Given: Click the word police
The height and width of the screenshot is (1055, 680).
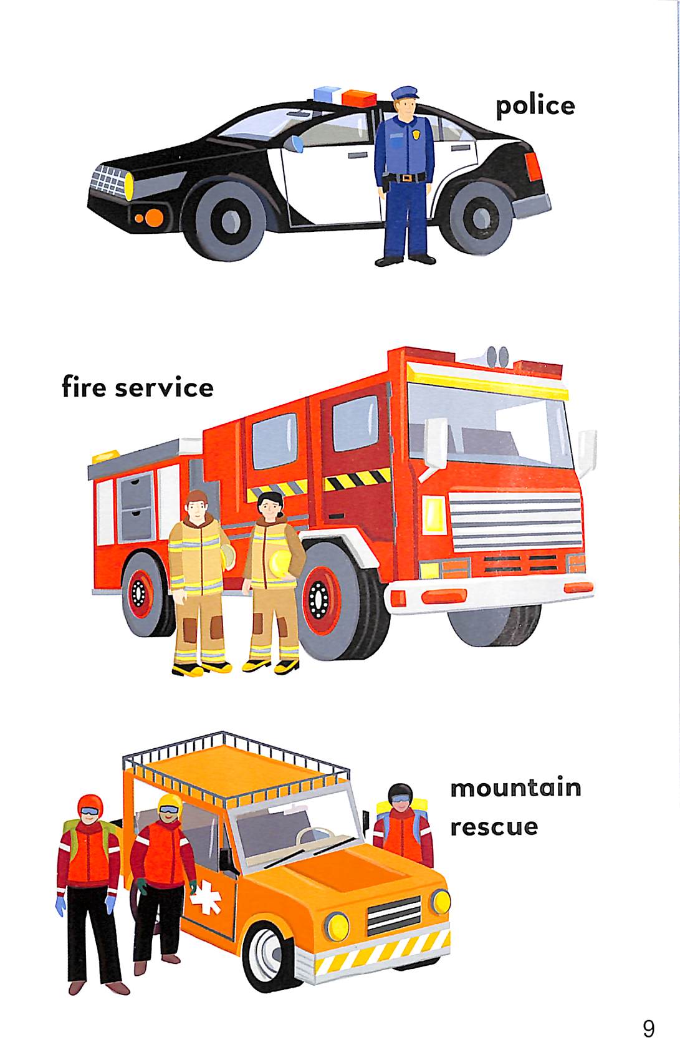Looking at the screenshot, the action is [x=535, y=106].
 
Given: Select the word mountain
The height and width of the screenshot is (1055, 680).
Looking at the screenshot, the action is [x=515, y=788].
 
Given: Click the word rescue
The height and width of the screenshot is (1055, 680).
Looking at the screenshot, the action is [x=494, y=827].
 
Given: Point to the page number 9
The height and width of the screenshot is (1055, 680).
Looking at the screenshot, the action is [x=648, y=1029].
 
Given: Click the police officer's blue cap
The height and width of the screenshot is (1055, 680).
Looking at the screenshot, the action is [x=405, y=92].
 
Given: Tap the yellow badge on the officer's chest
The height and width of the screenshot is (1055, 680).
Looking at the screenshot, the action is [x=416, y=134].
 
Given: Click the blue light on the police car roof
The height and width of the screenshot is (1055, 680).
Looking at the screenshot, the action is [x=327, y=94].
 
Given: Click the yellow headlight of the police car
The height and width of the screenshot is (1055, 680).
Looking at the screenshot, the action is [x=128, y=186].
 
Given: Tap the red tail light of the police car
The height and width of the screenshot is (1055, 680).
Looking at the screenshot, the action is [x=533, y=166].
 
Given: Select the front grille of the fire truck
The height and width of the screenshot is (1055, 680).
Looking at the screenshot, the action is [x=516, y=521].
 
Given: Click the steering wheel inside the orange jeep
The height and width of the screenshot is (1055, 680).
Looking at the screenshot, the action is [x=315, y=837].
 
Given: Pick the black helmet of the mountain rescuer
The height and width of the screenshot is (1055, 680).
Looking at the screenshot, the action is [x=400, y=794].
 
